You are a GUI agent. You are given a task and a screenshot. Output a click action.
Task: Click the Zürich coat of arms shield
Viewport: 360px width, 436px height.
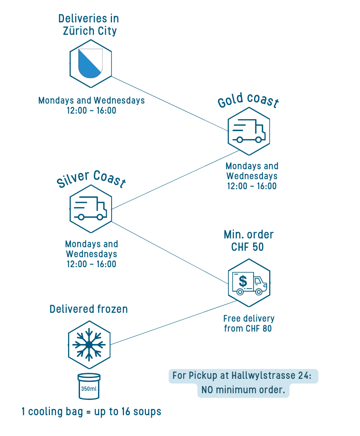click(90, 63)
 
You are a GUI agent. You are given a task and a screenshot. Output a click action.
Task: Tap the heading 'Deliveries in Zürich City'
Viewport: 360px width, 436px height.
click(89, 25)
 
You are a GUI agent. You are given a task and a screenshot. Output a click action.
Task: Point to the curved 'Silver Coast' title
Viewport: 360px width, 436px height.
click(91, 178)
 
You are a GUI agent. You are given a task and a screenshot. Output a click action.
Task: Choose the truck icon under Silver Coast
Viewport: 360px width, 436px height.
click(90, 208)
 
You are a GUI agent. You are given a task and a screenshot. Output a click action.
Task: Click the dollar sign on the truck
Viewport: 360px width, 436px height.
click(243, 281)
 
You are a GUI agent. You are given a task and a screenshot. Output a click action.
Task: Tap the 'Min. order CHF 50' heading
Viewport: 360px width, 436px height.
click(248, 240)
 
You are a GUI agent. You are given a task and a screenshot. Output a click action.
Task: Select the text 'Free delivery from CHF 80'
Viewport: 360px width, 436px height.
click(249, 323)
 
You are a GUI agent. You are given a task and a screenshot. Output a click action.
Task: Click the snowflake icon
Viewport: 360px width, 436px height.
click(89, 344)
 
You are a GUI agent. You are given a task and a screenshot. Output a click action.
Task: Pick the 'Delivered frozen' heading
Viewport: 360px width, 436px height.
click(89, 309)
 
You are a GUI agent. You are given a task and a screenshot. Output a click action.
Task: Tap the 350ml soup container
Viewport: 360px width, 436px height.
click(89, 386)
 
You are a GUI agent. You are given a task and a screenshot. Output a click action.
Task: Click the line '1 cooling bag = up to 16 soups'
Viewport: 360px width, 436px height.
click(92, 412)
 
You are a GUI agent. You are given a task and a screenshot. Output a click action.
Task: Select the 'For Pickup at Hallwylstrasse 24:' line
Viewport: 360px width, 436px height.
click(243, 376)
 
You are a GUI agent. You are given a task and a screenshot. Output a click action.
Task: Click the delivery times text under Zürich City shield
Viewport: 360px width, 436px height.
click(92, 105)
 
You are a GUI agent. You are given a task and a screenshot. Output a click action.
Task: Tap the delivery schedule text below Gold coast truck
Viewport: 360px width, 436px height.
click(252, 176)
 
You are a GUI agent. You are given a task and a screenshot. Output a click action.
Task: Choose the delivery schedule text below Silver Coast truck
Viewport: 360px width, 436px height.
click(92, 254)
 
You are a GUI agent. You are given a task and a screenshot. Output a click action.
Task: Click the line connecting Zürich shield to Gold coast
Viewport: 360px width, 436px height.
click(168, 103)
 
